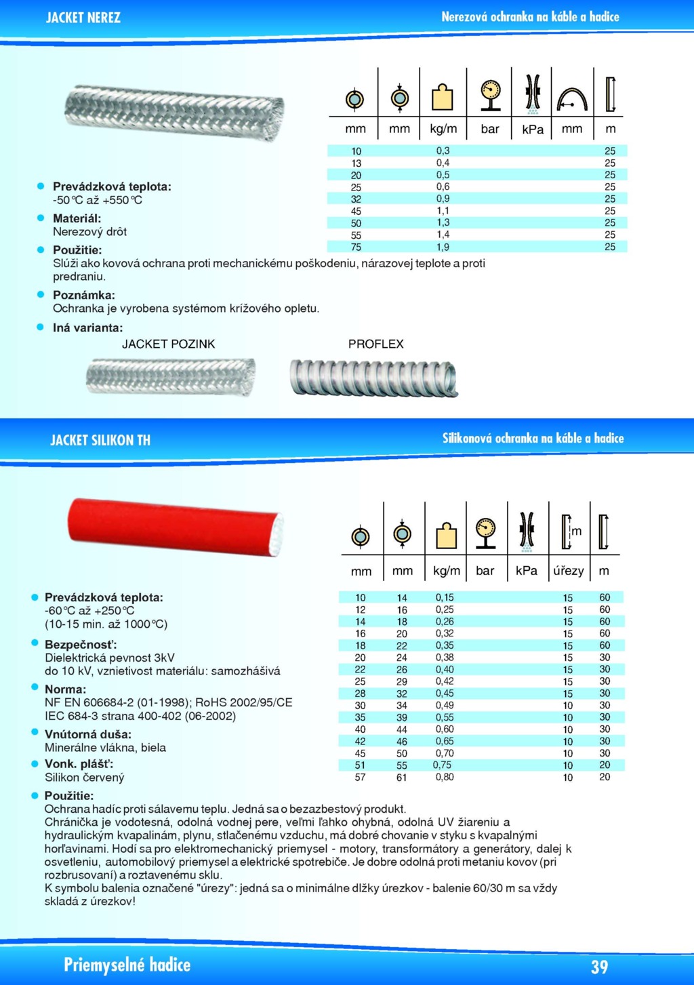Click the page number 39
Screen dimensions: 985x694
(599, 967)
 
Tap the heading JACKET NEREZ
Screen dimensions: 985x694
(83, 18)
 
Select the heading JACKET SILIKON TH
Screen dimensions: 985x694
(100, 440)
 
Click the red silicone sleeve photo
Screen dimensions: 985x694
(175, 527)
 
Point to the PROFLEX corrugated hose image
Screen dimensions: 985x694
(373, 377)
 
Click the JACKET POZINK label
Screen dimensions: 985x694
(168, 344)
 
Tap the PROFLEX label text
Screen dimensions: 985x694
(375, 344)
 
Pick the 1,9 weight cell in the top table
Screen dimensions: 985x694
(443, 247)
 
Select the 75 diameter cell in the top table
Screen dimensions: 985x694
(356, 247)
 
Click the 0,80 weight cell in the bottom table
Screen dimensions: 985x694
(445, 777)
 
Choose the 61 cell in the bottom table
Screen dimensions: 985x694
(402, 778)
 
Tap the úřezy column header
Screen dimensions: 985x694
(568, 571)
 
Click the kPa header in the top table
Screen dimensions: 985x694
(533, 129)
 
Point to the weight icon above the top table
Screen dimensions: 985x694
(443, 96)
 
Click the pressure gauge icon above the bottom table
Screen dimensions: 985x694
(486, 532)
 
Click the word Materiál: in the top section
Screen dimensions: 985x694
(77, 218)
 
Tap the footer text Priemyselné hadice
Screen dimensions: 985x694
(127, 965)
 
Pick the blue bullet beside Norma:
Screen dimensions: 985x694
(35, 687)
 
